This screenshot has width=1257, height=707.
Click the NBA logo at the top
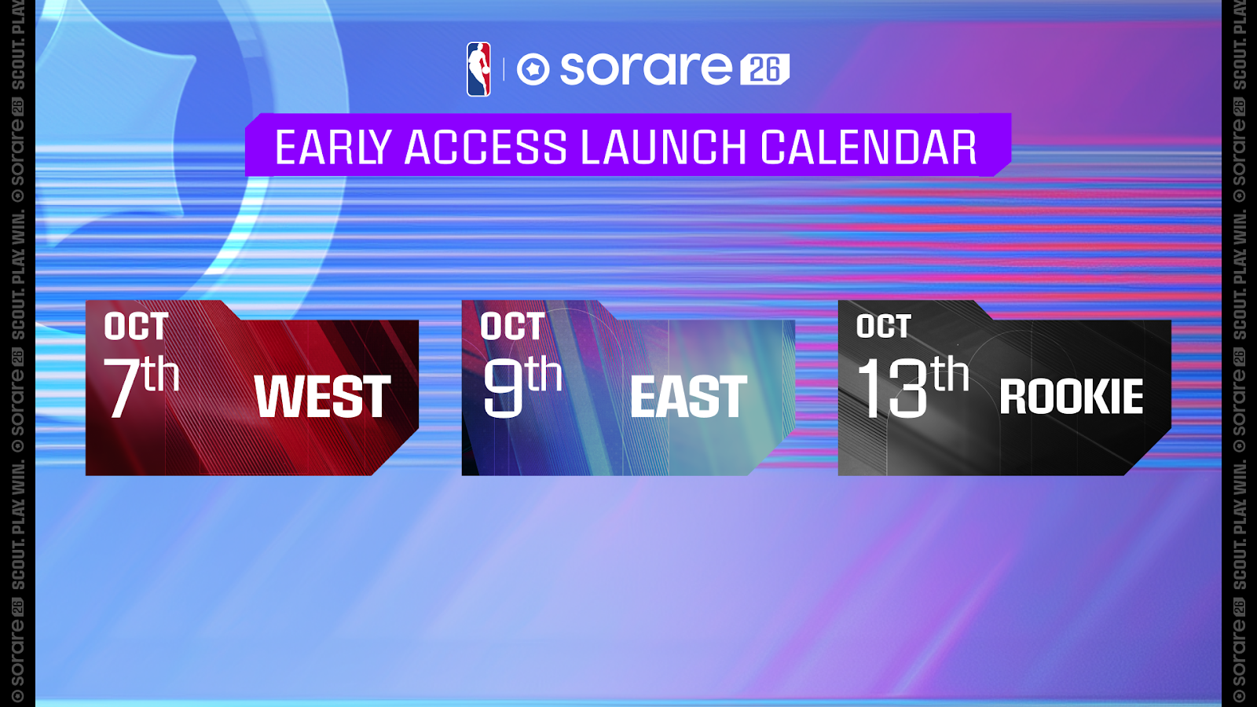[478, 70]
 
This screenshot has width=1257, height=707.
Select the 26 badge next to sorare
[765, 70]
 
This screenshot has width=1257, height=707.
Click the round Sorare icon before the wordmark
[533, 70]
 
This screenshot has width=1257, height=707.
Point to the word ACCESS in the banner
[486, 147]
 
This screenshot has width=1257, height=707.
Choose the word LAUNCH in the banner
[663, 147]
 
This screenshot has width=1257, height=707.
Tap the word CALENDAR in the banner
[869, 147]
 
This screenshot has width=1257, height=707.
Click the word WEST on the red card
[323, 397]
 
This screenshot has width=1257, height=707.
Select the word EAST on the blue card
[689, 397]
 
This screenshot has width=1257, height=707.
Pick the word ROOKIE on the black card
[1072, 397]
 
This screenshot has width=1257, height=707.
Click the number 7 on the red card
[123, 388]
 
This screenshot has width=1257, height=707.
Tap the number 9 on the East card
[503, 388]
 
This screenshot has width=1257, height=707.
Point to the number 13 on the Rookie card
[892, 388]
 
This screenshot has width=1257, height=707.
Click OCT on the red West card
[137, 326]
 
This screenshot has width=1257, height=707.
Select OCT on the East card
[512, 326]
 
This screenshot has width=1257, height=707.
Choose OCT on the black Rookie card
[883, 326]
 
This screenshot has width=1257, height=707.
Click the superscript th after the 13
[950, 374]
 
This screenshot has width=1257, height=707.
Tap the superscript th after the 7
[161, 374]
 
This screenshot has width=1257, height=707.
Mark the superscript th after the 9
[543, 374]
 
